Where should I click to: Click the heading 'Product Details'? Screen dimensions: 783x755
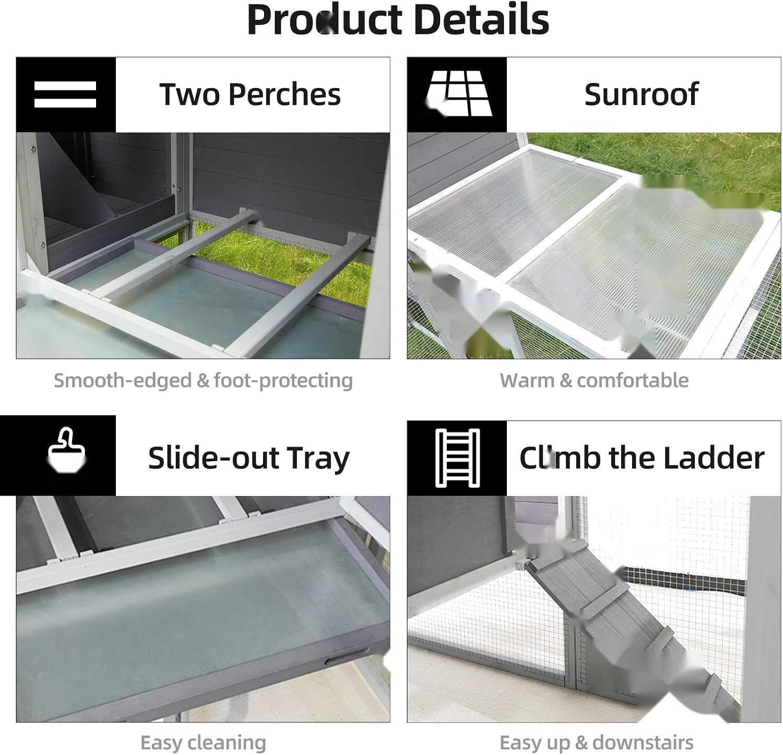click(398, 19)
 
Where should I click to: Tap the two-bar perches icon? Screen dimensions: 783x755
click(65, 95)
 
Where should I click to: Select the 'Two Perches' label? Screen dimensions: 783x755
click(250, 95)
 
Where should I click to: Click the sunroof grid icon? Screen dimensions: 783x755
click(458, 93)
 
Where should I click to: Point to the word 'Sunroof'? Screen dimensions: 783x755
click(641, 94)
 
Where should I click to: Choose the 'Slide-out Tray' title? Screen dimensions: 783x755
click(248, 458)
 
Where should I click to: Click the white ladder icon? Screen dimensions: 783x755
click(457, 458)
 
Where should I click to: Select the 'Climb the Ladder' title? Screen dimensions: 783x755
click(642, 458)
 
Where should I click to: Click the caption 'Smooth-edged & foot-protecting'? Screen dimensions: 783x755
click(203, 380)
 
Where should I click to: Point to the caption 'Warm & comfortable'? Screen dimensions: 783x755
click(594, 380)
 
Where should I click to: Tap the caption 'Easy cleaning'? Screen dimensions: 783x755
click(203, 742)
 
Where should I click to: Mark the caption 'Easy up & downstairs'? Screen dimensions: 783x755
click(597, 742)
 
